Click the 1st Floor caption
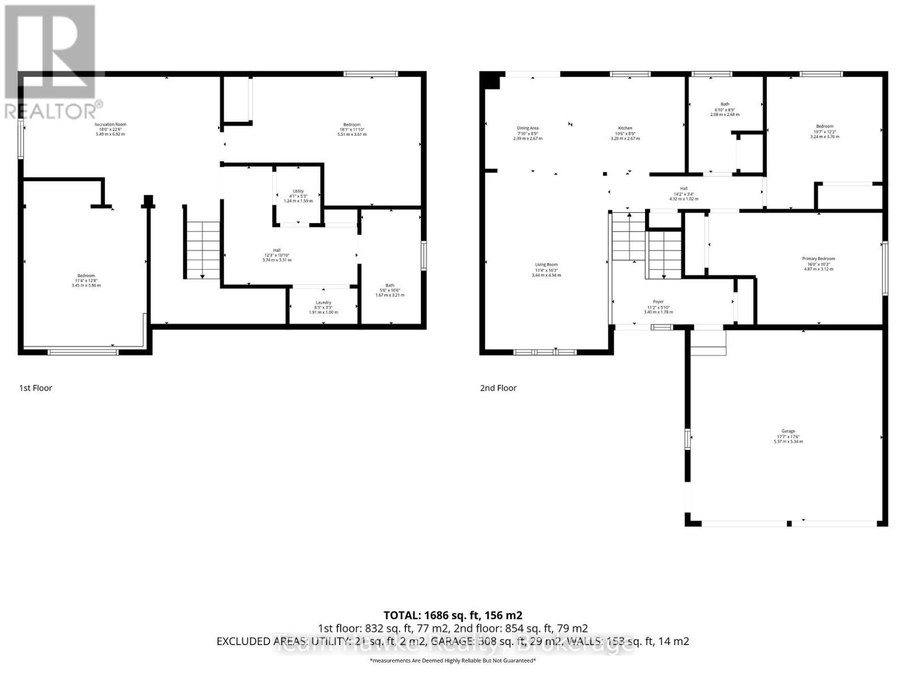tap(36, 388)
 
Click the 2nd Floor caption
tap(498, 388)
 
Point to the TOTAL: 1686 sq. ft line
tap(452, 615)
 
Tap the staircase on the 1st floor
tap(203, 249)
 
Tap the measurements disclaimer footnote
tap(452, 660)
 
